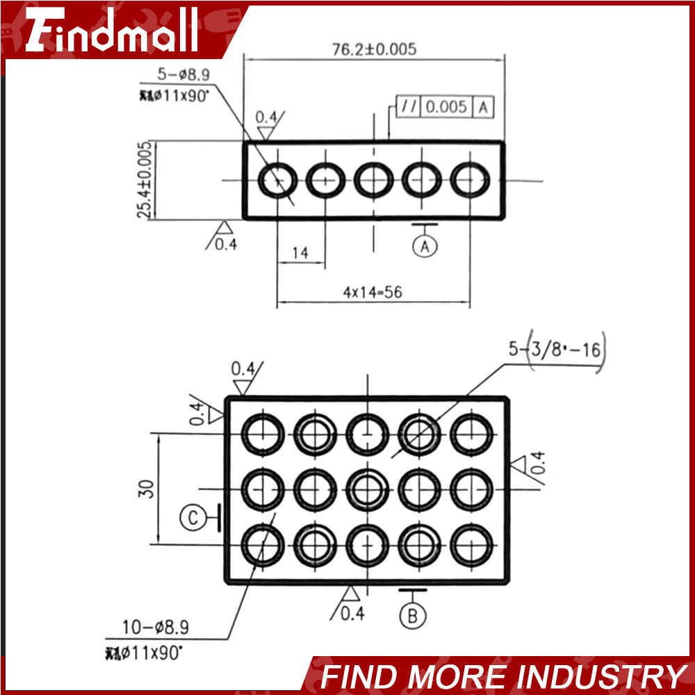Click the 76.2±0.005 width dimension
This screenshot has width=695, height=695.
(x=374, y=49)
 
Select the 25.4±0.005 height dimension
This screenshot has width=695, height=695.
(x=145, y=180)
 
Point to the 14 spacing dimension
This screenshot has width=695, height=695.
(x=300, y=253)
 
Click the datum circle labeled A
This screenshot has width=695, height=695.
(x=425, y=245)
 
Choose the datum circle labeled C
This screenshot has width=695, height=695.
(x=193, y=517)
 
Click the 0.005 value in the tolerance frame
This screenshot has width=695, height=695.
(x=446, y=107)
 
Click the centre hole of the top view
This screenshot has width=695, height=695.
(x=374, y=179)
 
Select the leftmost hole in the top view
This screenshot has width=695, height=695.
(x=277, y=180)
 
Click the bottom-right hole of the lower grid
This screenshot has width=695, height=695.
(x=471, y=544)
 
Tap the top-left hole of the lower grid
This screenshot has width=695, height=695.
(x=263, y=434)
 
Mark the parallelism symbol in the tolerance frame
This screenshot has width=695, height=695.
(x=409, y=107)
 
